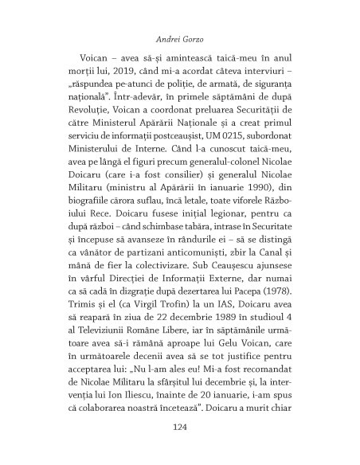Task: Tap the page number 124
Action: [179, 426]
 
